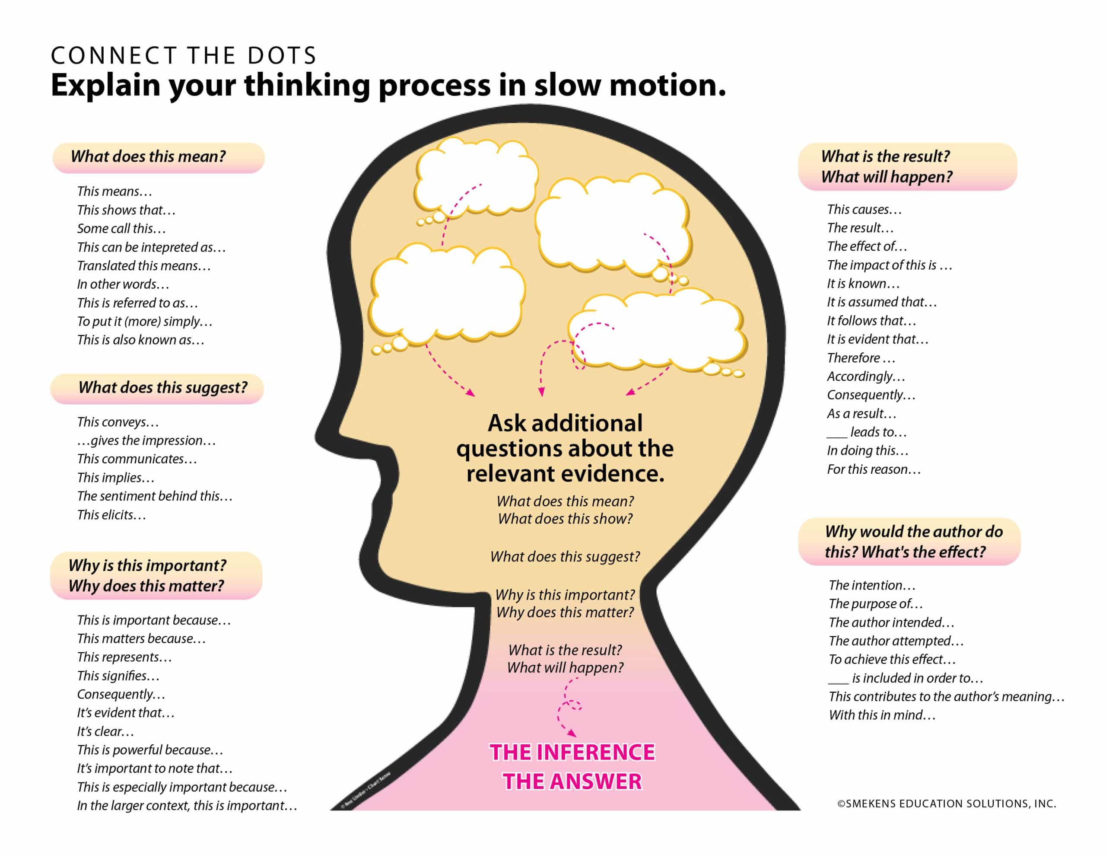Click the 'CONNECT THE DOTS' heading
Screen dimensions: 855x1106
point(183,55)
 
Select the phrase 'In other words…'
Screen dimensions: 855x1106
point(123,284)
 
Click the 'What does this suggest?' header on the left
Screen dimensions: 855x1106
point(157,388)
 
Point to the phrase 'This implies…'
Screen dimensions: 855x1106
point(115,477)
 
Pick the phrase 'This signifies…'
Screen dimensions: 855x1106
point(118,676)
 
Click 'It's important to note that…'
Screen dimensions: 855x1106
point(155,769)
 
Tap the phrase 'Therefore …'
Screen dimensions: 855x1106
point(861,358)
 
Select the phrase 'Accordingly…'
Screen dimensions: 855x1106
point(865,376)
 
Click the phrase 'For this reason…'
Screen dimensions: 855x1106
point(874,469)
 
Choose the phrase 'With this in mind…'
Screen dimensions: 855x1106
point(882,715)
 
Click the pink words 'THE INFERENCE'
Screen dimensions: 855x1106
point(572,753)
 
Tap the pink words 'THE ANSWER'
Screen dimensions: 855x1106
point(572,782)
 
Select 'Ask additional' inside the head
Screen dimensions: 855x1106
point(565,423)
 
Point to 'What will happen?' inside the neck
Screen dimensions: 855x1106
point(565,668)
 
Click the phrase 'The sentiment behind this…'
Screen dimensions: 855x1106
point(155,496)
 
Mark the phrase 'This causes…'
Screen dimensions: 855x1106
point(864,209)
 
